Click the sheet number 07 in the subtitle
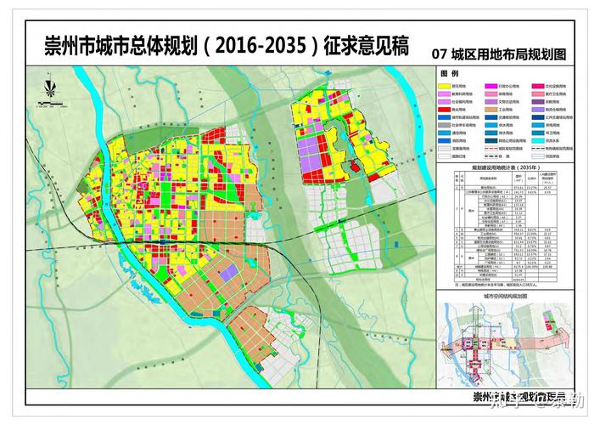[439, 54]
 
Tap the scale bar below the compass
[56, 105]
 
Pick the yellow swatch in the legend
[445, 87]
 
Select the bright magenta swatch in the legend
[491, 87]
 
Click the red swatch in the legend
[445, 110]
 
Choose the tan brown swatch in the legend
[491, 110]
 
